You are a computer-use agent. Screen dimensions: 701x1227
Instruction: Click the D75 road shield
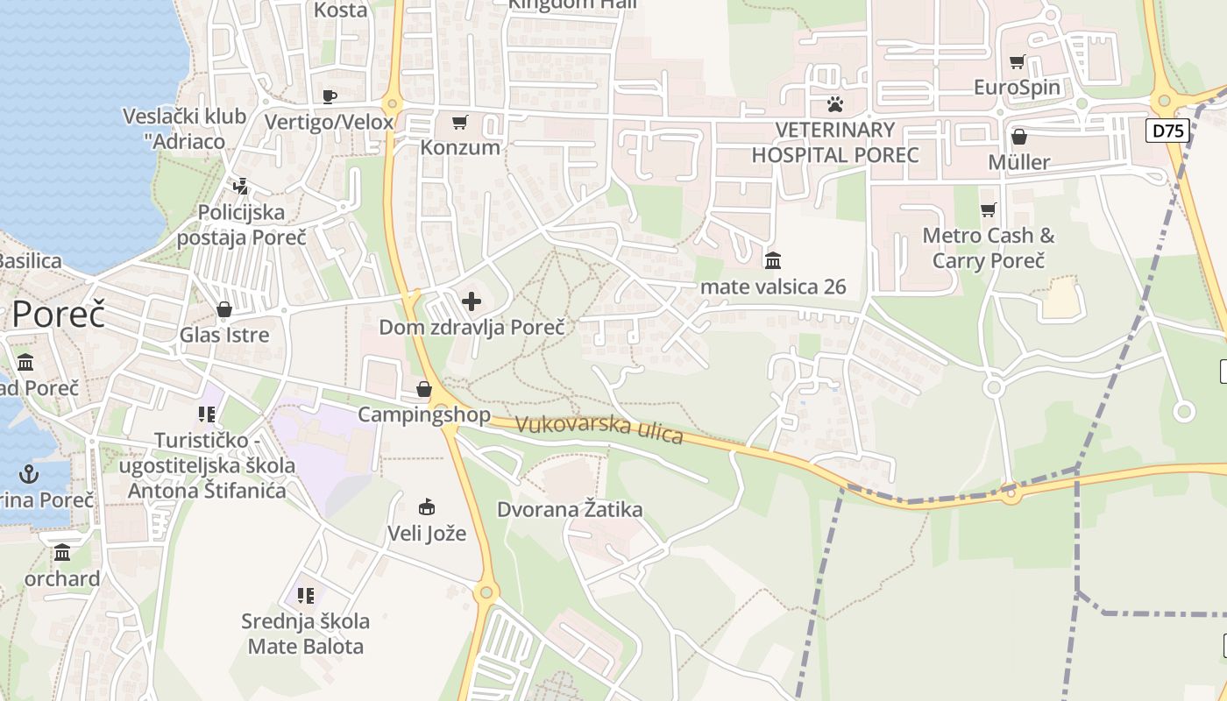(x=1167, y=131)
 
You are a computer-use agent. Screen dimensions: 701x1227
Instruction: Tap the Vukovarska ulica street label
(x=599, y=428)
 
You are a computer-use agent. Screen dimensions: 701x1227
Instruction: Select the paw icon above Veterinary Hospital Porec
(x=834, y=105)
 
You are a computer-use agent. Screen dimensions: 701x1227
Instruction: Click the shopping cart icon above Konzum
(x=459, y=122)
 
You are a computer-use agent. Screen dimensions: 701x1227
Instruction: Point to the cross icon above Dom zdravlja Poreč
(x=472, y=302)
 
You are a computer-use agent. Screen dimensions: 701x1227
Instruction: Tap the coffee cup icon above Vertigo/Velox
(x=330, y=96)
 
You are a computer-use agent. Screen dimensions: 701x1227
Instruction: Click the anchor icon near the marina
(x=30, y=474)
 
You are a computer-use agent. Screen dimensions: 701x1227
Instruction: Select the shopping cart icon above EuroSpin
(x=1017, y=62)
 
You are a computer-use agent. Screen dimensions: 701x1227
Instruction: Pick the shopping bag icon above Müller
(x=1018, y=137)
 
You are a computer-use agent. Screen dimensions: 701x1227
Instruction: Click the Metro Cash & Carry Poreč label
(x=989, y=248)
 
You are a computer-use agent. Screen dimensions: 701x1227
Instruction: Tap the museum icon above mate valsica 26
(x=773, y=261)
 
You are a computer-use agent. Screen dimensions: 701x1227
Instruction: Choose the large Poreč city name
(x=58, y=315)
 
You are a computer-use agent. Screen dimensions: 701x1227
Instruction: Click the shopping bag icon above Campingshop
(x=424, y=389)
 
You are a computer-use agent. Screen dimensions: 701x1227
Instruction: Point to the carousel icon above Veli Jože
(x=427, y=507)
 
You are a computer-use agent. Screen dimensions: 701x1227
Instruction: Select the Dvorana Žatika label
(x=570, y=509)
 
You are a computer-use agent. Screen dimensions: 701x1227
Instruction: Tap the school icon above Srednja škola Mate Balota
(x=306, y=596)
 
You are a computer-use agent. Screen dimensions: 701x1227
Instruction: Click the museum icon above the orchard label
(x=62, y=553)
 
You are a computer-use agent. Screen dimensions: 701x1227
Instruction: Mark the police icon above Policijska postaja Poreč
(x=241, y=187)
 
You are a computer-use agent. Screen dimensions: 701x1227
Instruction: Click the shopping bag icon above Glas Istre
(x=224, y=309)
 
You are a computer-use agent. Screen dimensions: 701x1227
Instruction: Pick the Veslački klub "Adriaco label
(x=174, y=128)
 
